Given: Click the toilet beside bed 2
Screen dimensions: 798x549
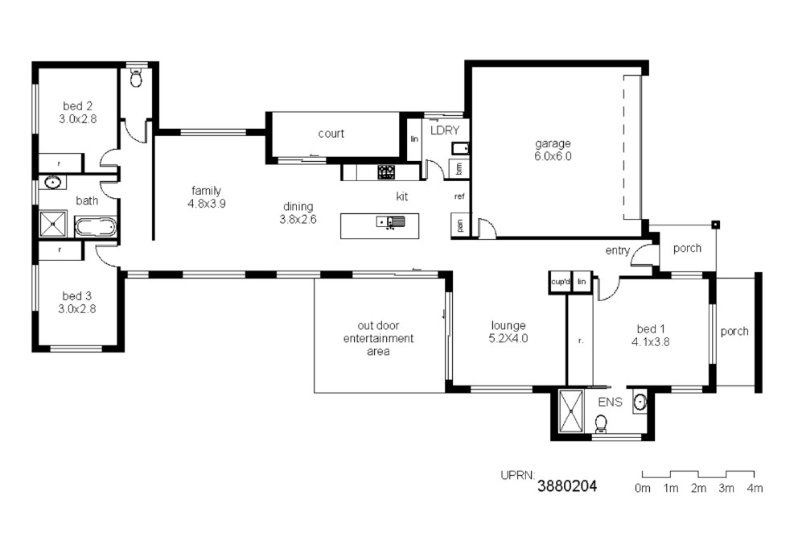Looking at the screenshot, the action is (136, 77).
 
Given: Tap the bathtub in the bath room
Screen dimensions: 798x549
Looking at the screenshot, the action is (96, 227).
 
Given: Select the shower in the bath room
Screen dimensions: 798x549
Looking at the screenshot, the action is (53, 224).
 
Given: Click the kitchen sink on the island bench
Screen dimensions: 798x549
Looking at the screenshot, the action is (391, 221).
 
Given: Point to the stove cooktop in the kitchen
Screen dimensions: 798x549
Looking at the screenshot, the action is (386, 171).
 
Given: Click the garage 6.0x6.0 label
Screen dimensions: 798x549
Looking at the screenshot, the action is (553, 150).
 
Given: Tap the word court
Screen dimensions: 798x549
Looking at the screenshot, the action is (331, 134).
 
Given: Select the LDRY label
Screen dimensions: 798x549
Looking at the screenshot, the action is (445, 130).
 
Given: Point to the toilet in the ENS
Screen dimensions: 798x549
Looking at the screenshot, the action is (601, 423).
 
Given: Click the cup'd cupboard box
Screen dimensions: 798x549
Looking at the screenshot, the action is (561, 282).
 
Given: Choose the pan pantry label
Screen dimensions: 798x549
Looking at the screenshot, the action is (459, 225).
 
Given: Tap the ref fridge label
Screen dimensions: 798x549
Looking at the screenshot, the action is (459, 196).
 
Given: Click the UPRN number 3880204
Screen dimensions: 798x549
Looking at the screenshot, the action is (567, 486).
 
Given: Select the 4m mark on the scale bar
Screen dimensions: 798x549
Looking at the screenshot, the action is (755, 488).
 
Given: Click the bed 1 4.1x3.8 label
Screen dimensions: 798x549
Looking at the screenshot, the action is (651, 336).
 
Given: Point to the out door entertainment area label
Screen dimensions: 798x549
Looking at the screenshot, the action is (378, 338).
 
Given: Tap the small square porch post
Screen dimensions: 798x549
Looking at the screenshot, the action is (716, 224).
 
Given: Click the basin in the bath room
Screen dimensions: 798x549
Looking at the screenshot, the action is (52, 182).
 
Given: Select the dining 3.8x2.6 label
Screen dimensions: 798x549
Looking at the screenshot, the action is (298, 213).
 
